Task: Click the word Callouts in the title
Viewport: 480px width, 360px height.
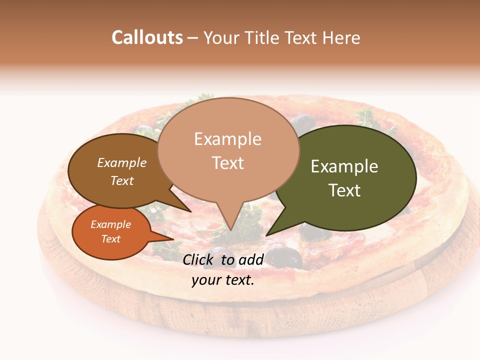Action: (x=147, y=37)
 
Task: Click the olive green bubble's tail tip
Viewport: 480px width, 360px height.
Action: (x=266, y=235)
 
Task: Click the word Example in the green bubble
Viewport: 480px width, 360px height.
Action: (x=344, y=166)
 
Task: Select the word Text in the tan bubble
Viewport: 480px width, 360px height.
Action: (x=228, y=163)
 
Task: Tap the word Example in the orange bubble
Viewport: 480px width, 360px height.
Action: (x=110, y=224)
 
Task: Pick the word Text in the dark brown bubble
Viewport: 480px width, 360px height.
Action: (x=122, y=180)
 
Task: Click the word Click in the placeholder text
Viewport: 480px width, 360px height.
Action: (x=199, y=259)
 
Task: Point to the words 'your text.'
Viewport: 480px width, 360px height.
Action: (x=223, y=280)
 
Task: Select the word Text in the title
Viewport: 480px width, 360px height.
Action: (x=307, y=37)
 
